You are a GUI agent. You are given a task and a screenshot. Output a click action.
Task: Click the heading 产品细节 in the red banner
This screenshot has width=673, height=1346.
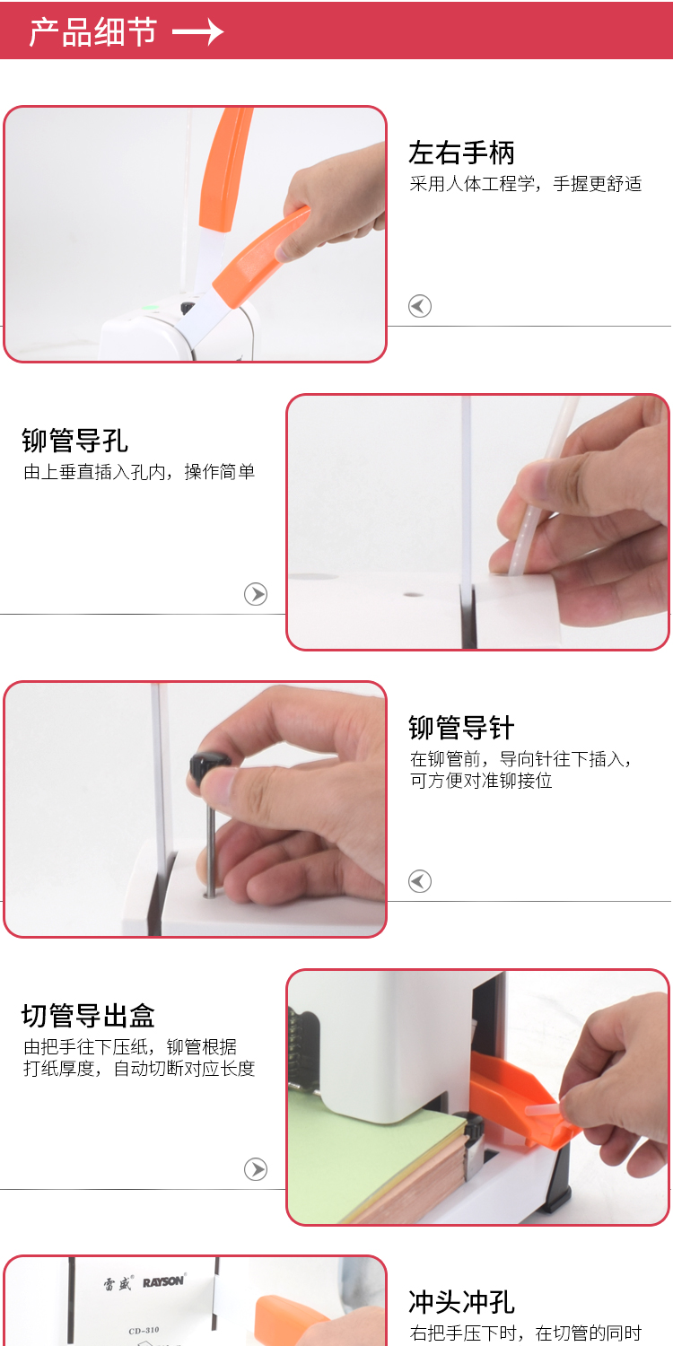(92, 32)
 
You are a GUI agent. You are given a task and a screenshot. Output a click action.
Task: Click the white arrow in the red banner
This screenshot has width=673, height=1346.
(197, 32)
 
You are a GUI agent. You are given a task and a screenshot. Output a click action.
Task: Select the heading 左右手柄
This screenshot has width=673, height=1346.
(461, 153)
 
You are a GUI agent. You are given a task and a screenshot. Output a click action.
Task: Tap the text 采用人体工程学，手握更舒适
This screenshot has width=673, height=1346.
(526, 184)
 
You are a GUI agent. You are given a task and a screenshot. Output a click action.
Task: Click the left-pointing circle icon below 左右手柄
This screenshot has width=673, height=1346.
(420, 306)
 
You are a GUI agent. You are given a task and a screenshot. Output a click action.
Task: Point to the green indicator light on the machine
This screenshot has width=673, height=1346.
(150, 308)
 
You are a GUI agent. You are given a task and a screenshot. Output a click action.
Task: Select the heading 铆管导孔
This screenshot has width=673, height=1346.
(74, 441)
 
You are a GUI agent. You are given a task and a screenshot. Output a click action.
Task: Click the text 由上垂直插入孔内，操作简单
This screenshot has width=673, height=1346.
(139, 472)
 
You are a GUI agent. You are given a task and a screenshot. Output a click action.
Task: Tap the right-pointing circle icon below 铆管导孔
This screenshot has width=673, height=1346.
(256, 594)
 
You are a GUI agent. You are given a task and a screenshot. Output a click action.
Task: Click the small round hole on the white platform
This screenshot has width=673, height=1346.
(413, 594)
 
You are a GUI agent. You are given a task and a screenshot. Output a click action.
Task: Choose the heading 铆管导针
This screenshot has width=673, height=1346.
(461, 728)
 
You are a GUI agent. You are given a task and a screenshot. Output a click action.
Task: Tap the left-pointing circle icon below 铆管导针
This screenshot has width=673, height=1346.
(420, 881)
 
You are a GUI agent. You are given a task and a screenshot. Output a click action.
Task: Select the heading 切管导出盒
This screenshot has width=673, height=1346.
(88, 1016)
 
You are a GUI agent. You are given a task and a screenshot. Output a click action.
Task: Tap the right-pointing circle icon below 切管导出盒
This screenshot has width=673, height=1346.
(256, 1169)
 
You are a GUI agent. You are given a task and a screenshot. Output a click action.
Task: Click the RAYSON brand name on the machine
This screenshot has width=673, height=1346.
(162, 1282)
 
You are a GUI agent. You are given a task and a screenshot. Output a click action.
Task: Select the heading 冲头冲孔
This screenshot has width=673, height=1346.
(461, 1302)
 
